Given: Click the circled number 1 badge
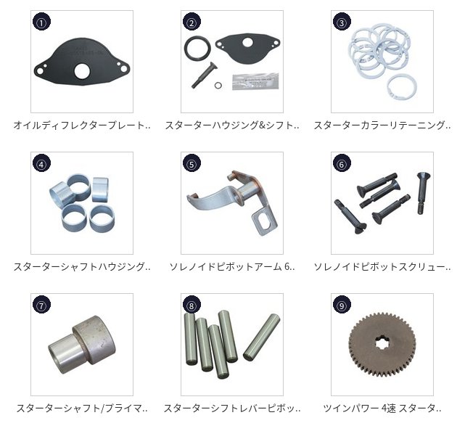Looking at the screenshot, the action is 41,22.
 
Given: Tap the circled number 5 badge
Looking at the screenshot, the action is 192,163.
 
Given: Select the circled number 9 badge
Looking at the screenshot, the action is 342,305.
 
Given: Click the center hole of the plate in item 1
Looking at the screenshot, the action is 82,72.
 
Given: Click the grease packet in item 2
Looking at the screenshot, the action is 255,81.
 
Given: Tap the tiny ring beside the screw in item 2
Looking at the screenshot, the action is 218,86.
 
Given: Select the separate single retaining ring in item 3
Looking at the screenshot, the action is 402,86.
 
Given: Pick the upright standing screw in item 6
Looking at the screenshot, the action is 423,193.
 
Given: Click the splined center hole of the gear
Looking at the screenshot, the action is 382,345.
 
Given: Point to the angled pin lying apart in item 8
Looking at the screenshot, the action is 262,337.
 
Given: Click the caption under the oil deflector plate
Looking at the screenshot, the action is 82,126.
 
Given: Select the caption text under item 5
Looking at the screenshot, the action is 232,266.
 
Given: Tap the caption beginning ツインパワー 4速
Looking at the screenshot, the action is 382,408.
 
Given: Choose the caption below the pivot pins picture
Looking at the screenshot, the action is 232,408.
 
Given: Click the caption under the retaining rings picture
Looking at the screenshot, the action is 382,126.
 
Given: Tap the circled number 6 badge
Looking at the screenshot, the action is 342,163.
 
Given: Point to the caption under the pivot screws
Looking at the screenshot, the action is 382,266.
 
